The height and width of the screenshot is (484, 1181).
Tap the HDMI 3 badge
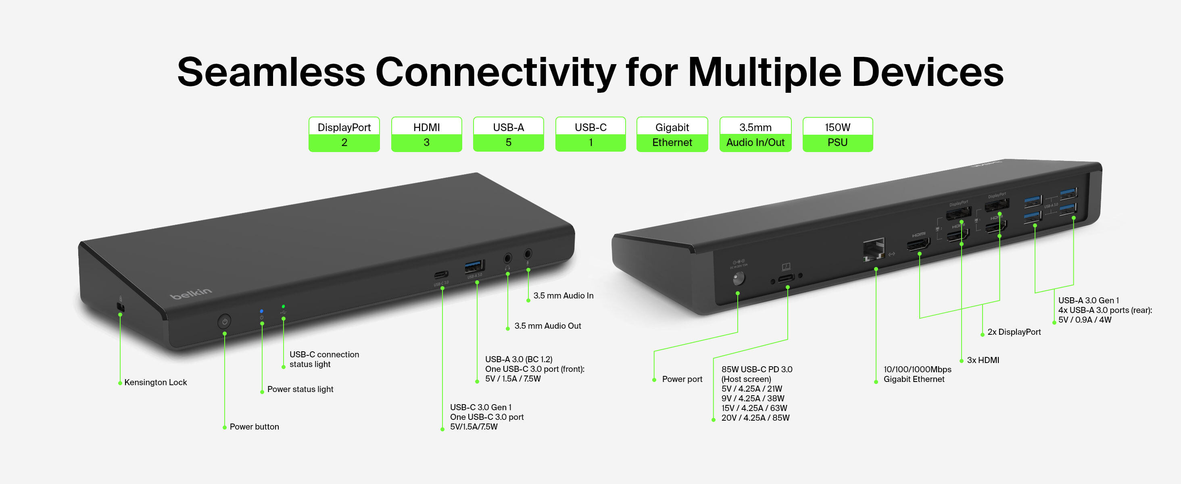(x=426, y=134)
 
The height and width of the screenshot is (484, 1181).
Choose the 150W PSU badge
(x=837, y=134)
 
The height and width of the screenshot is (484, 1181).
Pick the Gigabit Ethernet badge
(x=672, y=134)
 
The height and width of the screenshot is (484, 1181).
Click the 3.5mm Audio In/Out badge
(x=755, y=134)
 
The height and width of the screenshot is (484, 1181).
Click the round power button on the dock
(x=224, y=321)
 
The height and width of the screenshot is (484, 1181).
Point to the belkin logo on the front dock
(x=191, y=293)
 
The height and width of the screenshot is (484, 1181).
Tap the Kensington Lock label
(x=155, y=382)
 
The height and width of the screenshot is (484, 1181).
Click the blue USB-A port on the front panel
(x=474, y=266)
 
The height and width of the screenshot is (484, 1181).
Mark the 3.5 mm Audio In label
(x=563, y=296)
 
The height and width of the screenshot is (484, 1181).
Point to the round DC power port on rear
(x=738, y=278)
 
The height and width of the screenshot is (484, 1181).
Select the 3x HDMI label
(x=983, y=360)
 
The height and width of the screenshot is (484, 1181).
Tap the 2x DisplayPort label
(x=1014, y=332)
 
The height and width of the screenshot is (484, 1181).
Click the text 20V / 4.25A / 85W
(x=755, y=417)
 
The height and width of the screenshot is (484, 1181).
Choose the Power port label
(x=682, y=379)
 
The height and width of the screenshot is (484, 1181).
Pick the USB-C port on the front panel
(x=441, y=275)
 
